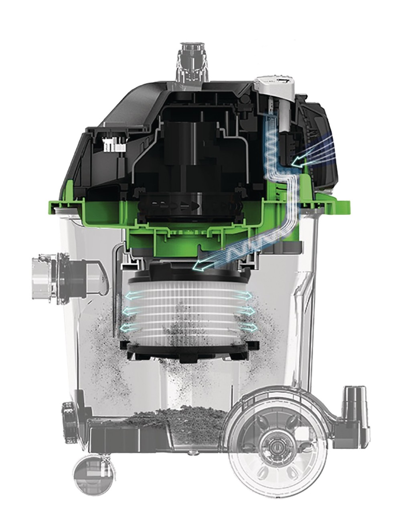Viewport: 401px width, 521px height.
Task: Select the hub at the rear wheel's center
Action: (x=275, y=446)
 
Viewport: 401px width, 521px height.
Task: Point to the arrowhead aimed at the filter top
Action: (x=197, y=266)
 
